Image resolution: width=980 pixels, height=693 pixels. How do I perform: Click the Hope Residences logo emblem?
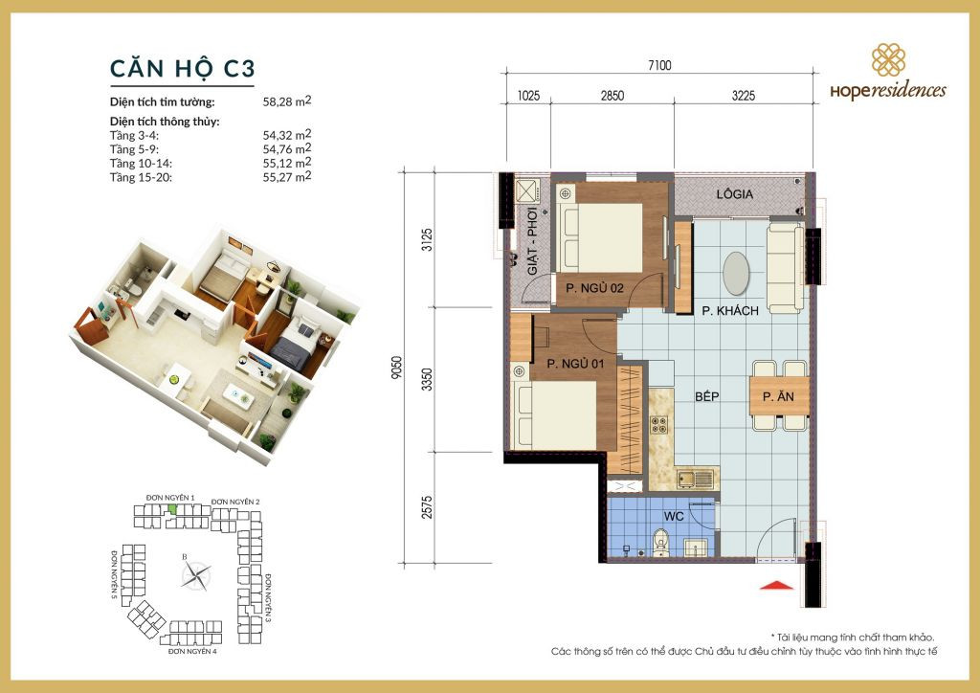click(888, 61)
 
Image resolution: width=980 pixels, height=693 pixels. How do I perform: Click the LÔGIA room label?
click(735, 194)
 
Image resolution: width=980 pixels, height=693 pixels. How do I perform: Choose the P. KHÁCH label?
click(729, 310)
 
